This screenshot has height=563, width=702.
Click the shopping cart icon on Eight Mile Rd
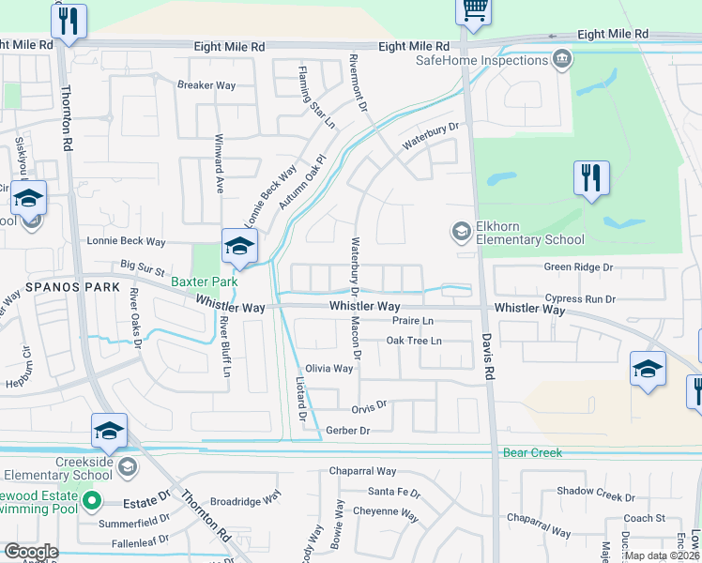tap(475, 10)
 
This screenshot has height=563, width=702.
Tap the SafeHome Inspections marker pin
tap(562, 60)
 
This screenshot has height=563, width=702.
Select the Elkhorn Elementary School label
tap(530, 233)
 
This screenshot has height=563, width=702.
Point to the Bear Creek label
tap(532, 452)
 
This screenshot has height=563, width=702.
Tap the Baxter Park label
tap(205, 281)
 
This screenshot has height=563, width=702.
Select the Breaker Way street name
tap(206, 84)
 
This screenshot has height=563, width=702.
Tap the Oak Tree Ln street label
tap(414, 341)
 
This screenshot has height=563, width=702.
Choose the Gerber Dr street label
tap(348, 430)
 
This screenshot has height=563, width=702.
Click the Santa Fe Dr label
tap(394, 492)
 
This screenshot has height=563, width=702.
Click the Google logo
tap(30, 552)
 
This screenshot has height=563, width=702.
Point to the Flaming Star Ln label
tap(316, 97)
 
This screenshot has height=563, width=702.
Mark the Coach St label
tap(644, 518)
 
